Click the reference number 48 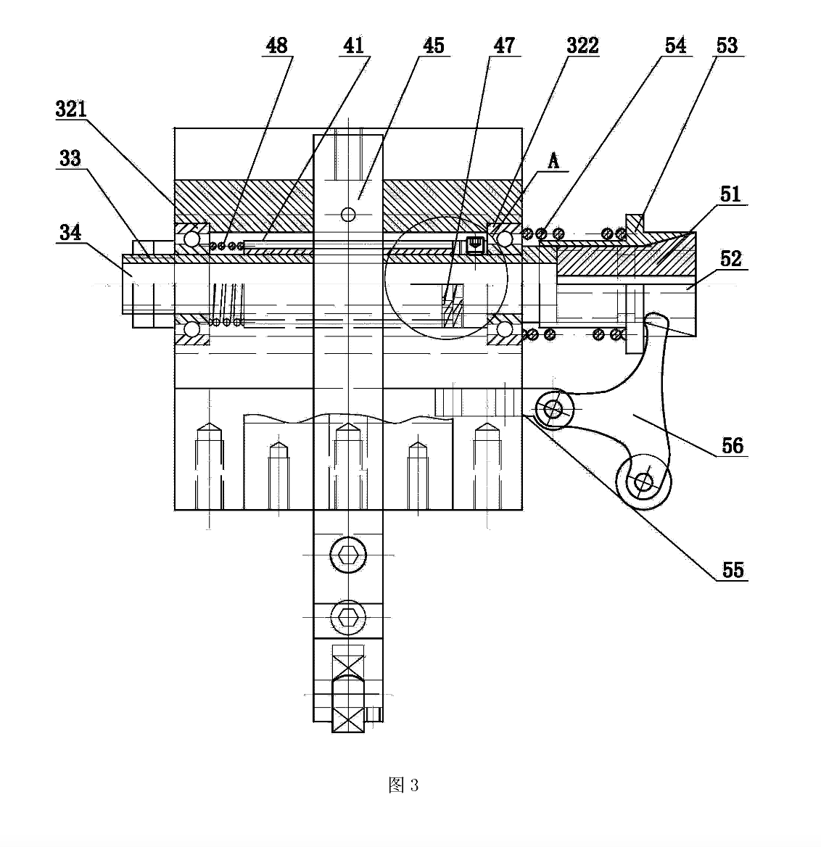click(276, 46)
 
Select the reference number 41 click(354, 46)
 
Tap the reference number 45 click(433, 46)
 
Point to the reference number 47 click(504, 46)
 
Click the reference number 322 click(582, 46)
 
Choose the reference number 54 click(675, 46)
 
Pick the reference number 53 click(727, 46)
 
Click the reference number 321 click(71, 109)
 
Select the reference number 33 click(70, 158)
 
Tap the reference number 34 click(70, 232)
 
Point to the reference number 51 click(730, 194)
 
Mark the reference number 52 click(731, 259)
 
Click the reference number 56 click(733, 446)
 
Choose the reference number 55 click(733, 570)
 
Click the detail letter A click(553, 160)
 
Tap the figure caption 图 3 click(403, 785)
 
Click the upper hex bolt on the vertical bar click(348, 555)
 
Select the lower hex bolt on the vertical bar click(348, 617)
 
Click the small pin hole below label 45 click(348, 215)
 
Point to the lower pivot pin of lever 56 click(643, 482)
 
